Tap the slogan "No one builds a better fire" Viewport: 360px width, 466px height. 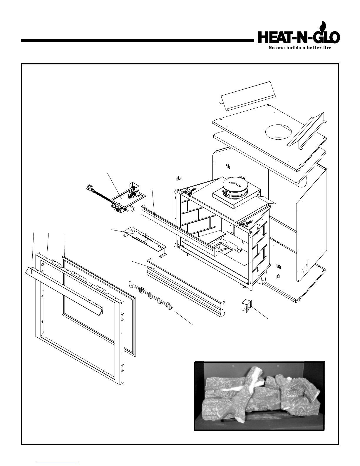tap(300, 48)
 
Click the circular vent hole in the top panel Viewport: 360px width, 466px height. tap(278, 132)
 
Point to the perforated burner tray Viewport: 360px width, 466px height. tap(145, 241)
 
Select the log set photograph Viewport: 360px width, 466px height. tap(259, 396)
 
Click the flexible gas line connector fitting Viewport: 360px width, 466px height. tap(90, 189)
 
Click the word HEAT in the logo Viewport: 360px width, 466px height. tap(274, 38)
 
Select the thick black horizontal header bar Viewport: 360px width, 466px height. tap(137, 41)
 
